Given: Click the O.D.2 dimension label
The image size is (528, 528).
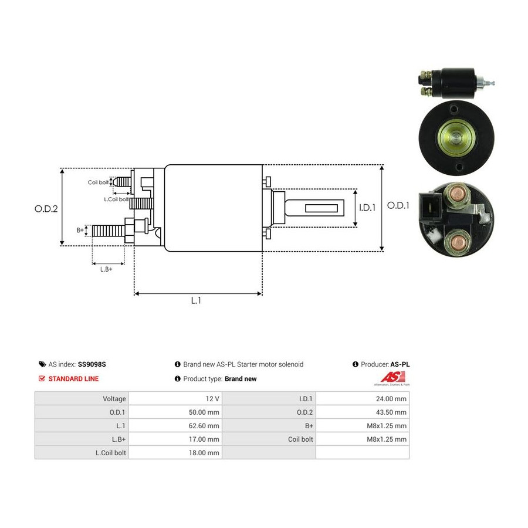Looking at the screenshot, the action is [x=46, y=209].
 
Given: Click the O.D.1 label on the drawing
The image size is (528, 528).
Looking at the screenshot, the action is [x=398, y=205].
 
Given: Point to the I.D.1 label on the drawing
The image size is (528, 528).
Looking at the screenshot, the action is [x=367, y=208].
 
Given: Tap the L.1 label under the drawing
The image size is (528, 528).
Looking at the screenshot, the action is [x=196, y=300].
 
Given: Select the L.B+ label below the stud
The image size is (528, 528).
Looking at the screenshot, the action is [x=106, y=269].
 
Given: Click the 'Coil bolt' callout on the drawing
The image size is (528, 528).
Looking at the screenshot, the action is [x=98, y=182].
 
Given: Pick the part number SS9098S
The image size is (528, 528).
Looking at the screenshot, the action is [x=92, y=364].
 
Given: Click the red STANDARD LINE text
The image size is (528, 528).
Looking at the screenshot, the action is [x=73, y=379].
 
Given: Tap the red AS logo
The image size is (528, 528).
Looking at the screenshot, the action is [x=392, y=377].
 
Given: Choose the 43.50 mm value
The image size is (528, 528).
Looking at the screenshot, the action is [x=391, y=412].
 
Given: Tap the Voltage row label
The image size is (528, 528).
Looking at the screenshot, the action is [x=114, y=399].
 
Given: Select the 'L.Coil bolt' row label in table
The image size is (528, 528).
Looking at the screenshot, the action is [x=110, y=453].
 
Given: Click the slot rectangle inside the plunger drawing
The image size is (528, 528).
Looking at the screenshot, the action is [x=321, y=208].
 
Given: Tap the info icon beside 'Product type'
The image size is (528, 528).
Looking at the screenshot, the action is [x=178, y=379].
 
